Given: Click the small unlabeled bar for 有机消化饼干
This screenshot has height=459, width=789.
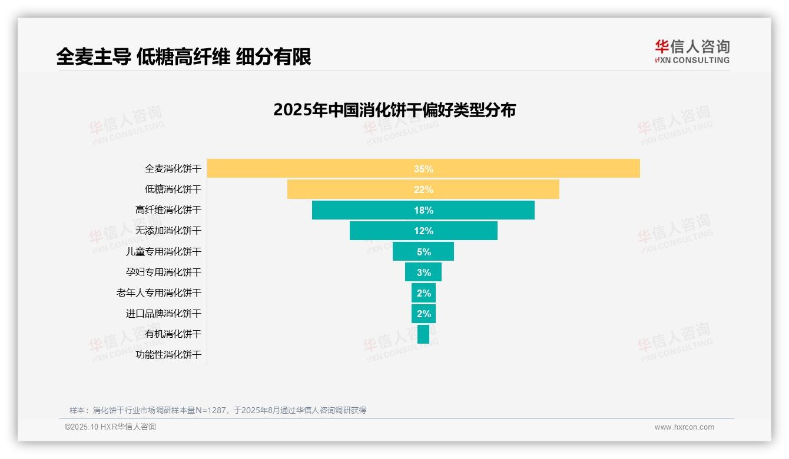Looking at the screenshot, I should pos(423,334).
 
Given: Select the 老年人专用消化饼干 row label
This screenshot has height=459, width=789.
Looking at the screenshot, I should pos(159,292).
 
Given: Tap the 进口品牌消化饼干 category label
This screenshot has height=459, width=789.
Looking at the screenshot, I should pos(164,313).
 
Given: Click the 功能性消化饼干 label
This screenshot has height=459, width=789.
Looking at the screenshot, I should pos(168,355).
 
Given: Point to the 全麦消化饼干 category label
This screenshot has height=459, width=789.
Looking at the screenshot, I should pos(173,169).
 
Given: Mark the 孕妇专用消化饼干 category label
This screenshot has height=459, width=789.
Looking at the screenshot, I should pos(164,272).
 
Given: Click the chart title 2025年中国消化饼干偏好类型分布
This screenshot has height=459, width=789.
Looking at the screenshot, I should pos(394,110).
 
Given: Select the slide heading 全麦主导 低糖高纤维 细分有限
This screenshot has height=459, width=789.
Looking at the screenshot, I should pos(184,56).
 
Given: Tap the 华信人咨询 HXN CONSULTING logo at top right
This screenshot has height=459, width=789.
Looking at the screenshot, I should pos(692,52).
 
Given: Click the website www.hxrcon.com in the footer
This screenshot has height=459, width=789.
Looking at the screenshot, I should pos(684,427).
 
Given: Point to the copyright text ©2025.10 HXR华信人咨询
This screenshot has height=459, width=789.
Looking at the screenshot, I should pos(110,427).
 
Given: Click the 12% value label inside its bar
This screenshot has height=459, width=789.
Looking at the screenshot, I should pos(423,231).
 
